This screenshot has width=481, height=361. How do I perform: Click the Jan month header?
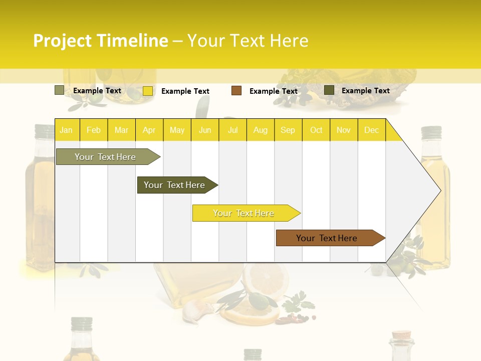click(66, 130)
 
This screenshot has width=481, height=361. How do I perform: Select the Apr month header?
click(149, 130)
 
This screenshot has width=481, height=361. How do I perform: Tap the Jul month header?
click(233, 130)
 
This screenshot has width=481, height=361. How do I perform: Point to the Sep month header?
click(288, 130)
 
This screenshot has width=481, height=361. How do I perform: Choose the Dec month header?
click(371, 130)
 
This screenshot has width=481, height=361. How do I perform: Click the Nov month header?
click(343, 130)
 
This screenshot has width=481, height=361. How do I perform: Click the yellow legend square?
click(148, 91)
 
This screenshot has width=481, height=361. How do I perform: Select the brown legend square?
click(236, 91)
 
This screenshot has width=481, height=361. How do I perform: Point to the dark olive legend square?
click(329, 90)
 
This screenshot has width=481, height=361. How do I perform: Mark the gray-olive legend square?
click(59, 90)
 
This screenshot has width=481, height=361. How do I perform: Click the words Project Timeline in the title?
click(100, 41)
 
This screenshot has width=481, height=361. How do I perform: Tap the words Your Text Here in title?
click(248, 41)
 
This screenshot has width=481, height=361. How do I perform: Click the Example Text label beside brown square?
click(273, 91)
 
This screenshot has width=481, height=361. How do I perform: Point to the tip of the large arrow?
click(439, 191)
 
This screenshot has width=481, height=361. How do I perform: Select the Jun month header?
click(205, 130)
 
